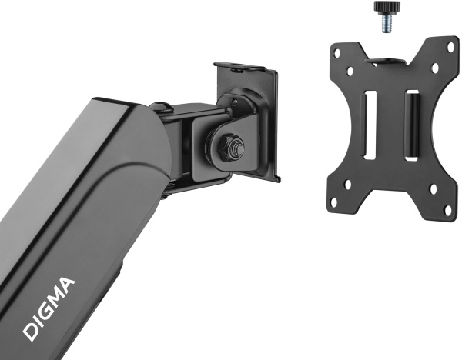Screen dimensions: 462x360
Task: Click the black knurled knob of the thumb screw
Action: (x=387, y=6)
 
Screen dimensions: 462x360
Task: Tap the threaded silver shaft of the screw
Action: (x=387, y=22)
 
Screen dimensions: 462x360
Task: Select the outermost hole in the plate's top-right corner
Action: (x=451, y=46)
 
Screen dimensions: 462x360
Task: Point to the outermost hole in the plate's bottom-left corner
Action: (x=334, y=202)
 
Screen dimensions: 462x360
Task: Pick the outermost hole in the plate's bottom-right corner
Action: (x=447, y=209)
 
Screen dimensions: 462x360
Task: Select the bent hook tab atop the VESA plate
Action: (x=387, y=62)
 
